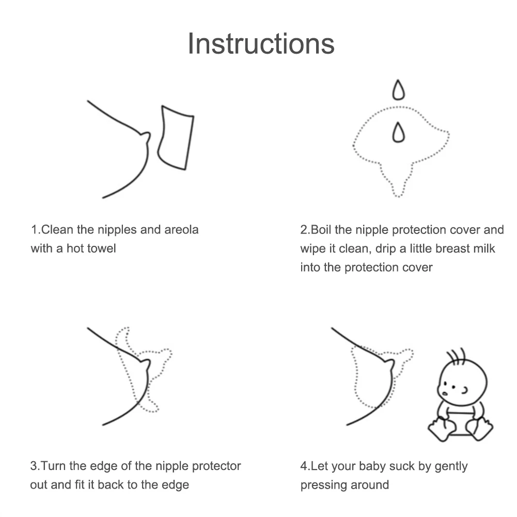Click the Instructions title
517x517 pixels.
coord(261,43)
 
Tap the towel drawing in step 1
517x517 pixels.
coord(176,137)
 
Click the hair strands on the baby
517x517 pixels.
coord(456,355)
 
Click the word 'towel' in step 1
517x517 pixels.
coord(101,248)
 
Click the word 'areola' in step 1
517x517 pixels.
coord(181,229)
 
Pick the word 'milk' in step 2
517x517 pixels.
coord(483,248)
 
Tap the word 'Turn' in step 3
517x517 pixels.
coord(52,466)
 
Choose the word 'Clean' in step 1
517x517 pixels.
coord(56,229)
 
